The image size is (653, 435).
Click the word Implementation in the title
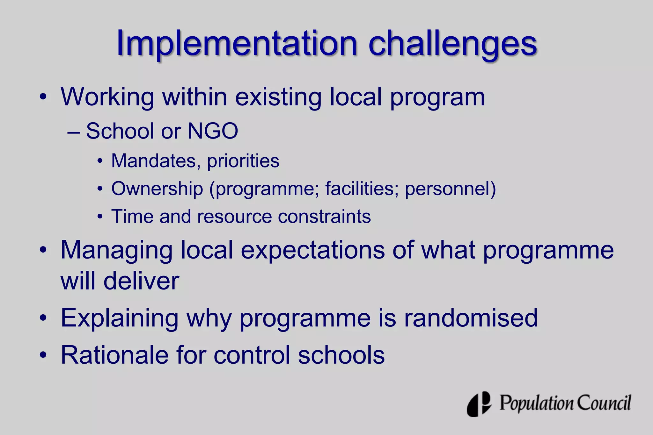point(237,43)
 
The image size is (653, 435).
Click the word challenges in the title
point(453,44)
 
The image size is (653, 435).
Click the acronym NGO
point(213,131)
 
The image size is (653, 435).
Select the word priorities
point(243,161)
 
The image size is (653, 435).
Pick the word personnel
point(448,189)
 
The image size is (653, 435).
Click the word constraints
point(324,217)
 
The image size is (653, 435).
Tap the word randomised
point(471,318)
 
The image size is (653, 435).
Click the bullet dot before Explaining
point(43,318)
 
